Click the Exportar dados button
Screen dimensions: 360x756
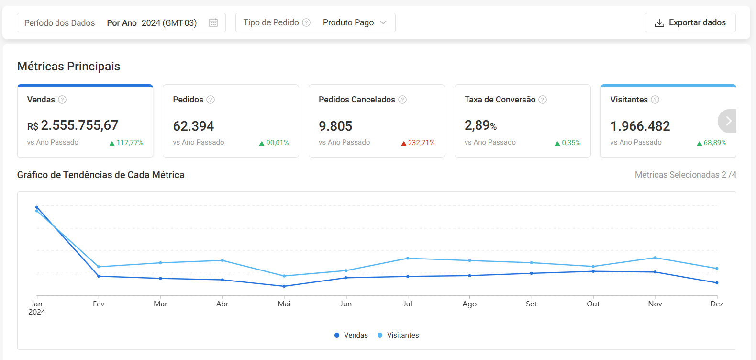(690, 22)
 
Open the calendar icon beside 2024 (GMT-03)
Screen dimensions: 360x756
(213, 22)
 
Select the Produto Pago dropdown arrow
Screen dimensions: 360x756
(383, 22)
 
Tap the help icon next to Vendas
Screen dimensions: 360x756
(62, 100)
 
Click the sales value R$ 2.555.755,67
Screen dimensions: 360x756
(73, 125)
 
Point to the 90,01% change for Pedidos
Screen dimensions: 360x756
(274, 143)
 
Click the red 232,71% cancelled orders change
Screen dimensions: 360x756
(418, 143)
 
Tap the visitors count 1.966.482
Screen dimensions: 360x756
(640, 126)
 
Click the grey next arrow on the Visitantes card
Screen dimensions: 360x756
(728, 121)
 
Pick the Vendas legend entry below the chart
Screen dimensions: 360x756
(351, 335)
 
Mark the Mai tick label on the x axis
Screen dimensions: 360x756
(284, 304)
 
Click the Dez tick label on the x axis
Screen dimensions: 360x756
(717, 304)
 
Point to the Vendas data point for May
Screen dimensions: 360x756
(284, 286)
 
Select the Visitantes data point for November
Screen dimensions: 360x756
(655, 258)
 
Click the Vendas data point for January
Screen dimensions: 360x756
(37, 207)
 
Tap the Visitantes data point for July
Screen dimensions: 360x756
(408, 259)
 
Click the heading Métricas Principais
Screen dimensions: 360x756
(69, 67)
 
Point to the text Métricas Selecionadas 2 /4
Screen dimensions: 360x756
(685, 175)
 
